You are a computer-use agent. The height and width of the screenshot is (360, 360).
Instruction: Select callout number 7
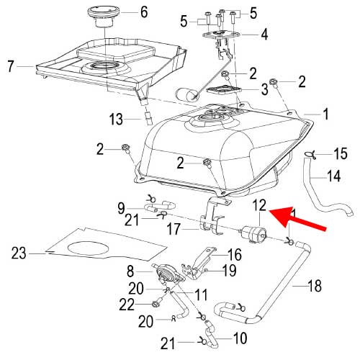pos(10,66)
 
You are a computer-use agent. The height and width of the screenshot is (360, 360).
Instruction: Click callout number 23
pos(19,253)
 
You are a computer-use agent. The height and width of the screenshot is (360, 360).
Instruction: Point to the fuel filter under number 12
pos(253,233)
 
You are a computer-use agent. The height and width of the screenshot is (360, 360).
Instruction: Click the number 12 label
pos(259,205)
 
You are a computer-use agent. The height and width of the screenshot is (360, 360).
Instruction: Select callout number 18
pos(314,286)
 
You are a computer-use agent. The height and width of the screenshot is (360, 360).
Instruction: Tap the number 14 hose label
pos(334,176)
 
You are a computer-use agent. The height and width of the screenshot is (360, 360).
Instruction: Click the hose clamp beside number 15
pos(310,154)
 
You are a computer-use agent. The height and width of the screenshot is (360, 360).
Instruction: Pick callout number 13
pos(117,119)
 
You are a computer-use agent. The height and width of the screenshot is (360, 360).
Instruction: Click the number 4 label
pos(264,35)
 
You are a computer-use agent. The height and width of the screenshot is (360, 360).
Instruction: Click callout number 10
pos(240,338)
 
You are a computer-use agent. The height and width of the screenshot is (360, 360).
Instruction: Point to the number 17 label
pos(174,229)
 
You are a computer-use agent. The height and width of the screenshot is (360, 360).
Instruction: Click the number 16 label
pos(235,255)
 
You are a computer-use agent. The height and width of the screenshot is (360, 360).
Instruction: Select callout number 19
pos(229,271)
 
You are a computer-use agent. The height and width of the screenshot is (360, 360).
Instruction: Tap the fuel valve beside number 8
pos(168,274)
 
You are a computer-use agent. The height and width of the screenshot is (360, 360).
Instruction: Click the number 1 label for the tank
pos(325,114)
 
